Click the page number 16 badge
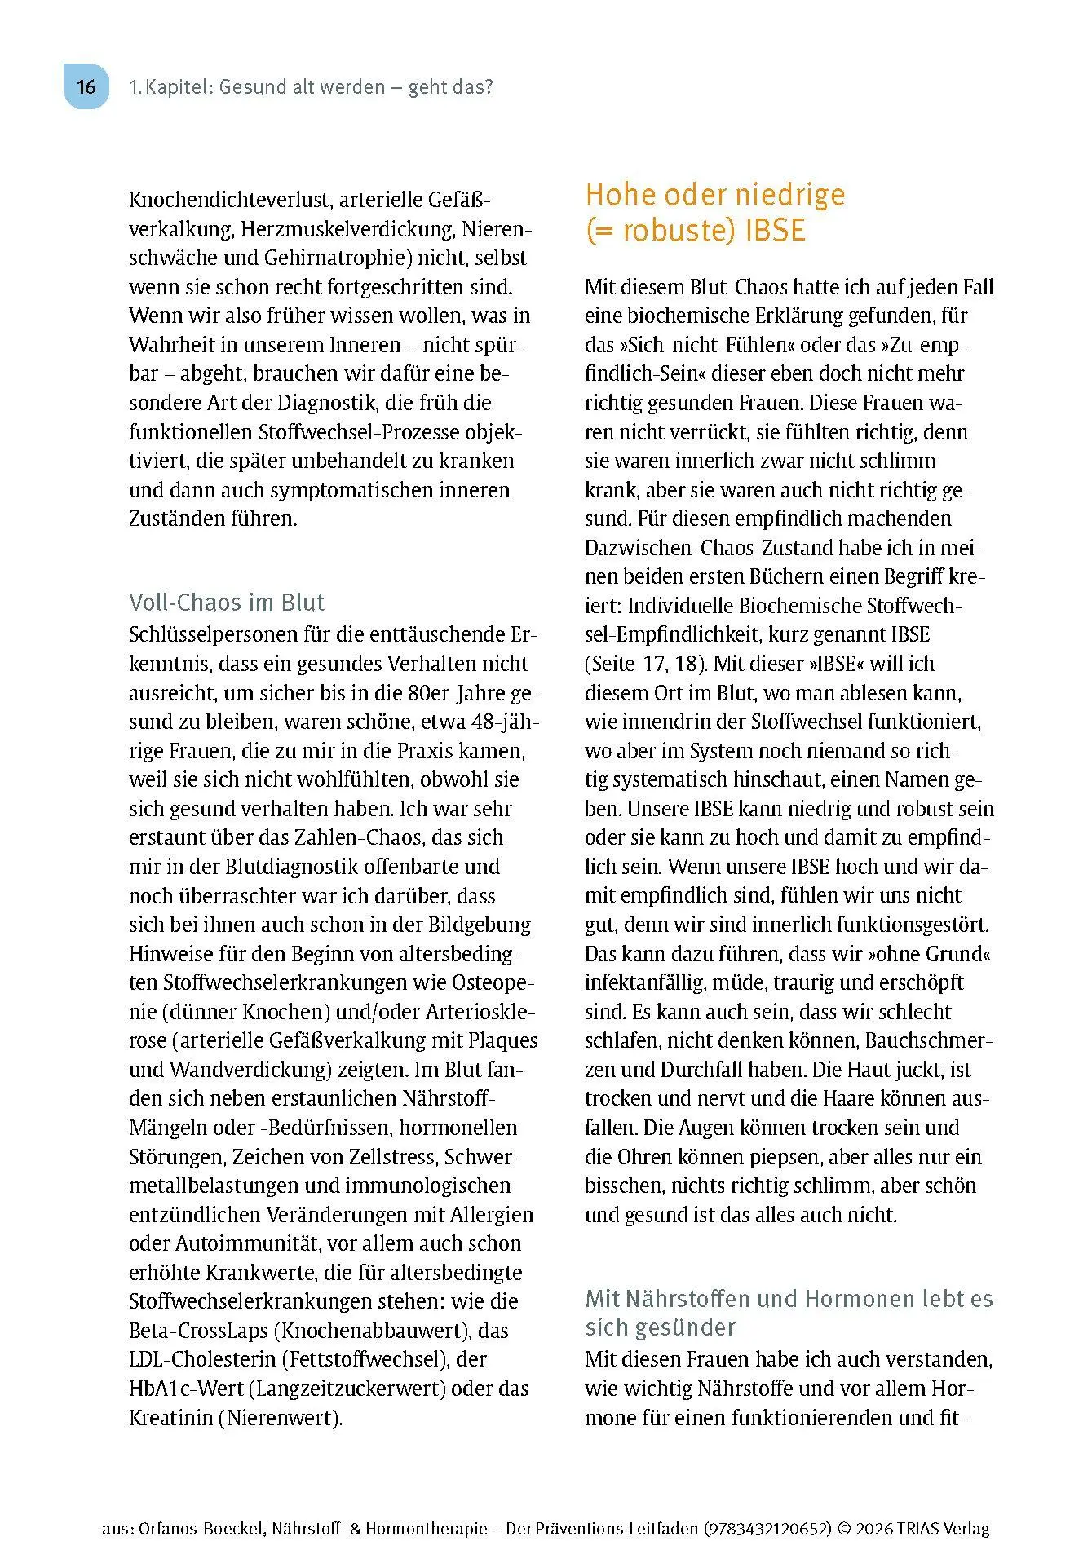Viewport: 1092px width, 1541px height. [x=86, y=86]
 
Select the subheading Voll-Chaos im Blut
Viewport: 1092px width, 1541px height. [x=227, y=603]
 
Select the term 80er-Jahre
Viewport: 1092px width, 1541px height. [x=456, y=693]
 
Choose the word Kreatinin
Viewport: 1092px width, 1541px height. [x=170, y=1418]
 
